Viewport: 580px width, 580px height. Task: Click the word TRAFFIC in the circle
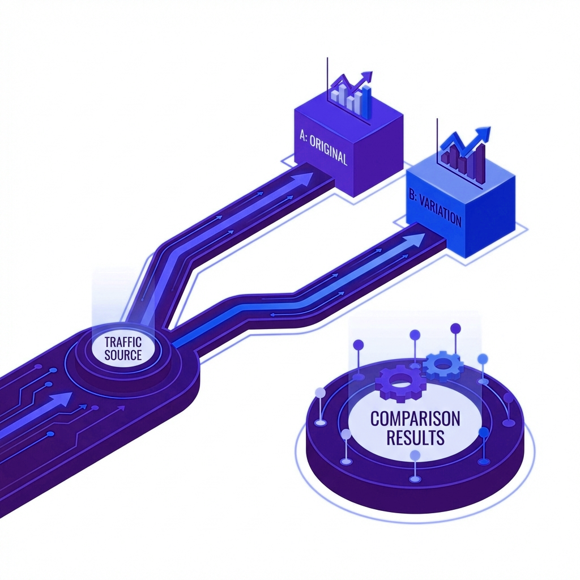pyautogui.click(x=123, y=342)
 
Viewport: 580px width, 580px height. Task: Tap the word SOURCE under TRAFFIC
pyautogui.click(x=123, y=355)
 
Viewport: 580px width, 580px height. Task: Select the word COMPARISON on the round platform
pyautogui.click(x=415, y=419)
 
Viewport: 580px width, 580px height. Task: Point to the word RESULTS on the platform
pyautogui.click(x=415, y=437)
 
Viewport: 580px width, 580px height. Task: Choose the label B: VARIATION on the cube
pyautogui.click(x=436, y=208)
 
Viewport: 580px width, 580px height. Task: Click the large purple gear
pyautogui.click(x=400, y=383)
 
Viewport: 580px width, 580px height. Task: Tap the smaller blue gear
pyautogui.click(x=443, y=366)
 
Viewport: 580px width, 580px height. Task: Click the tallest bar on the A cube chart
pyautogui.click(x=366, y=102)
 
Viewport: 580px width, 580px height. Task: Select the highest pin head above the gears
pyautogui.click(x=455, y=328)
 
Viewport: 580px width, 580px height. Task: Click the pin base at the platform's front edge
pyautogui.click(x=415, y=479)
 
